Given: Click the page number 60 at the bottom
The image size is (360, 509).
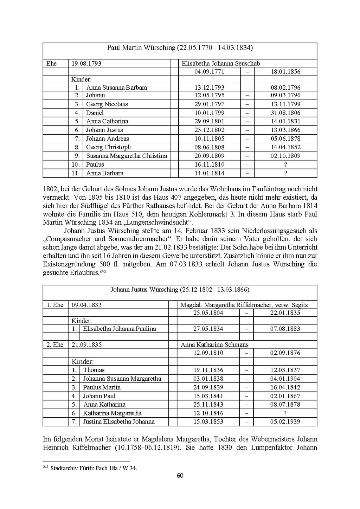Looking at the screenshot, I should (x=180, y=476).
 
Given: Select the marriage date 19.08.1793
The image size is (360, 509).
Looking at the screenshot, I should (x=86, y=64).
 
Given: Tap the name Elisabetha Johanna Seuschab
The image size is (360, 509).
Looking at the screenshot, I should (x=221, y=64).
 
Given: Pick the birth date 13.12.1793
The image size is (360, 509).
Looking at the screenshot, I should (x=210, y=88).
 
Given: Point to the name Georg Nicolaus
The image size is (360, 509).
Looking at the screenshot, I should (x=107, y=104).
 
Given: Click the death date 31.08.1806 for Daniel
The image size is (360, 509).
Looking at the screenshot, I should (x=285, y=113).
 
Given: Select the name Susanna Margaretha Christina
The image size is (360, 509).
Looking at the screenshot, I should (x=127, y=156).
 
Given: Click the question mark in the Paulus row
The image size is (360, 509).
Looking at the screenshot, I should (x=285, y=165).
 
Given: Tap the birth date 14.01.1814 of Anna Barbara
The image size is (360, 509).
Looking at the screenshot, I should (x=210, y=173).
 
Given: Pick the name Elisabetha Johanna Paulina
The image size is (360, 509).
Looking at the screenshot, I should (x=120, y=329).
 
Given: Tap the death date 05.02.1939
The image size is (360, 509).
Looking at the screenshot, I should (x=285, y=422).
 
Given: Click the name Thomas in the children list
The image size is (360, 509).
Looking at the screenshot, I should (x=94, y=370).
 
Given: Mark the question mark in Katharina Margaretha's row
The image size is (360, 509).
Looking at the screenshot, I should (x=285, y=413).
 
